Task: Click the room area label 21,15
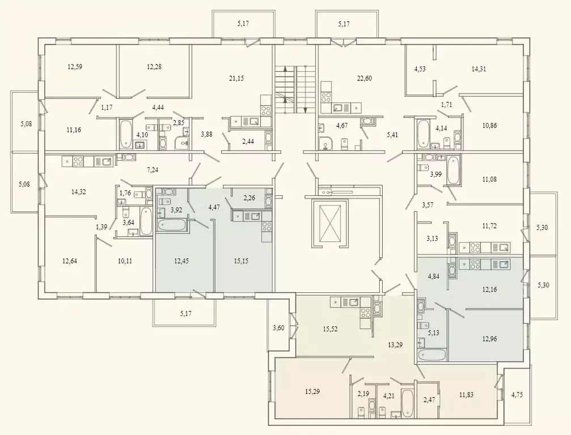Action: [x=236, y=78]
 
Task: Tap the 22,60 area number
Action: [x=365, y=78]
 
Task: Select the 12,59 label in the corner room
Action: [x=75, y=67]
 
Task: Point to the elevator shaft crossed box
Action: [x=330, y=223]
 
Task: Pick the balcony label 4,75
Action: [x=517, y=395]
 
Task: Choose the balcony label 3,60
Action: [x=278, y=328]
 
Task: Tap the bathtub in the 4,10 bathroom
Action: [x=126, y=133]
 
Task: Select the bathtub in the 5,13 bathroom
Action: [x=432, y=355]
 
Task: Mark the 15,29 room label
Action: [x=312, y=392]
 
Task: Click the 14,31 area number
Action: [x=479, y=69]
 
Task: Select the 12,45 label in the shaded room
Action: [x=181, y=261]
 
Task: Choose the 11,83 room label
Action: [x=466, y=395]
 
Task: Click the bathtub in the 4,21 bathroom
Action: [x=407, y=404]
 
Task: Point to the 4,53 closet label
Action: [x=420, y=69]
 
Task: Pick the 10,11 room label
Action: [x=125, y=261]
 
